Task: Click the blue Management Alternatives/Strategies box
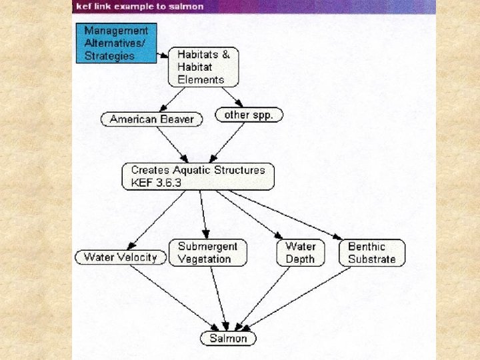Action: click(116, 43)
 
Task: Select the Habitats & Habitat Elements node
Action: click(203, 67)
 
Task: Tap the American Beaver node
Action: click(151, 119)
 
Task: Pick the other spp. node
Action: click(249, 115)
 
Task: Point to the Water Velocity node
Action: click(120, 257)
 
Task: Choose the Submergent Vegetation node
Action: click(207, 253)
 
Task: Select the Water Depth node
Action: click(300, 253)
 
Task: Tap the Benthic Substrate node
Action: click(371, 253)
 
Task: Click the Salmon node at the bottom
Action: click(228, 338)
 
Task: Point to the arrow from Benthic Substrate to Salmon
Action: click(297, 299)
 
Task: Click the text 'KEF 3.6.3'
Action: click(154, 183)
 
